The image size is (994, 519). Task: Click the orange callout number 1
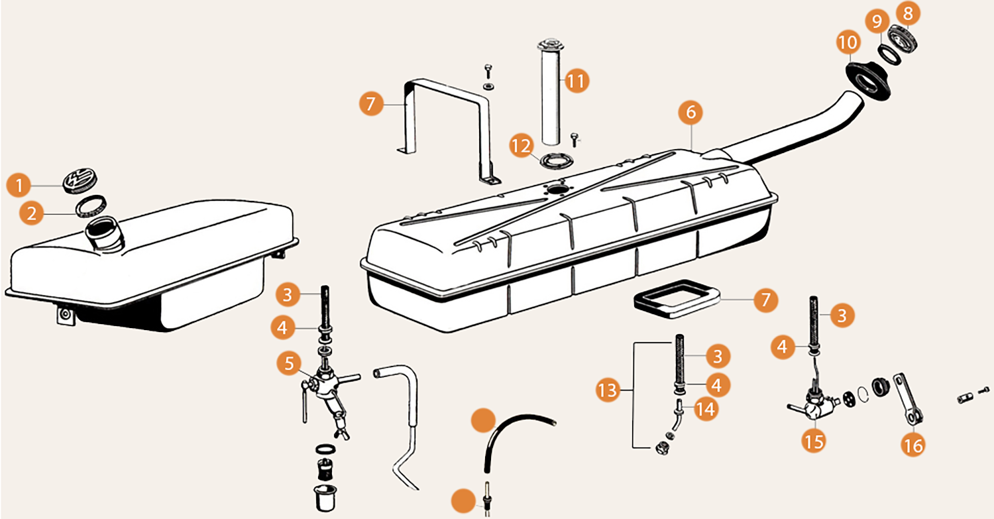(20, 185)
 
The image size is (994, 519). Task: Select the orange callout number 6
(690, 114)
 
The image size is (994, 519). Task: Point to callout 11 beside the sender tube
(576, 82)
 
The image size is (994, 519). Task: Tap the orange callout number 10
(848, 44)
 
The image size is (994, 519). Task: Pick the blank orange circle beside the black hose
(482, 421)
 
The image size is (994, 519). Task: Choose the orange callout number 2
(32, 213)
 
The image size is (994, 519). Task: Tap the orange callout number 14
(705, 409)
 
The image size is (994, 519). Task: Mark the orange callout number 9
(877, 22)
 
